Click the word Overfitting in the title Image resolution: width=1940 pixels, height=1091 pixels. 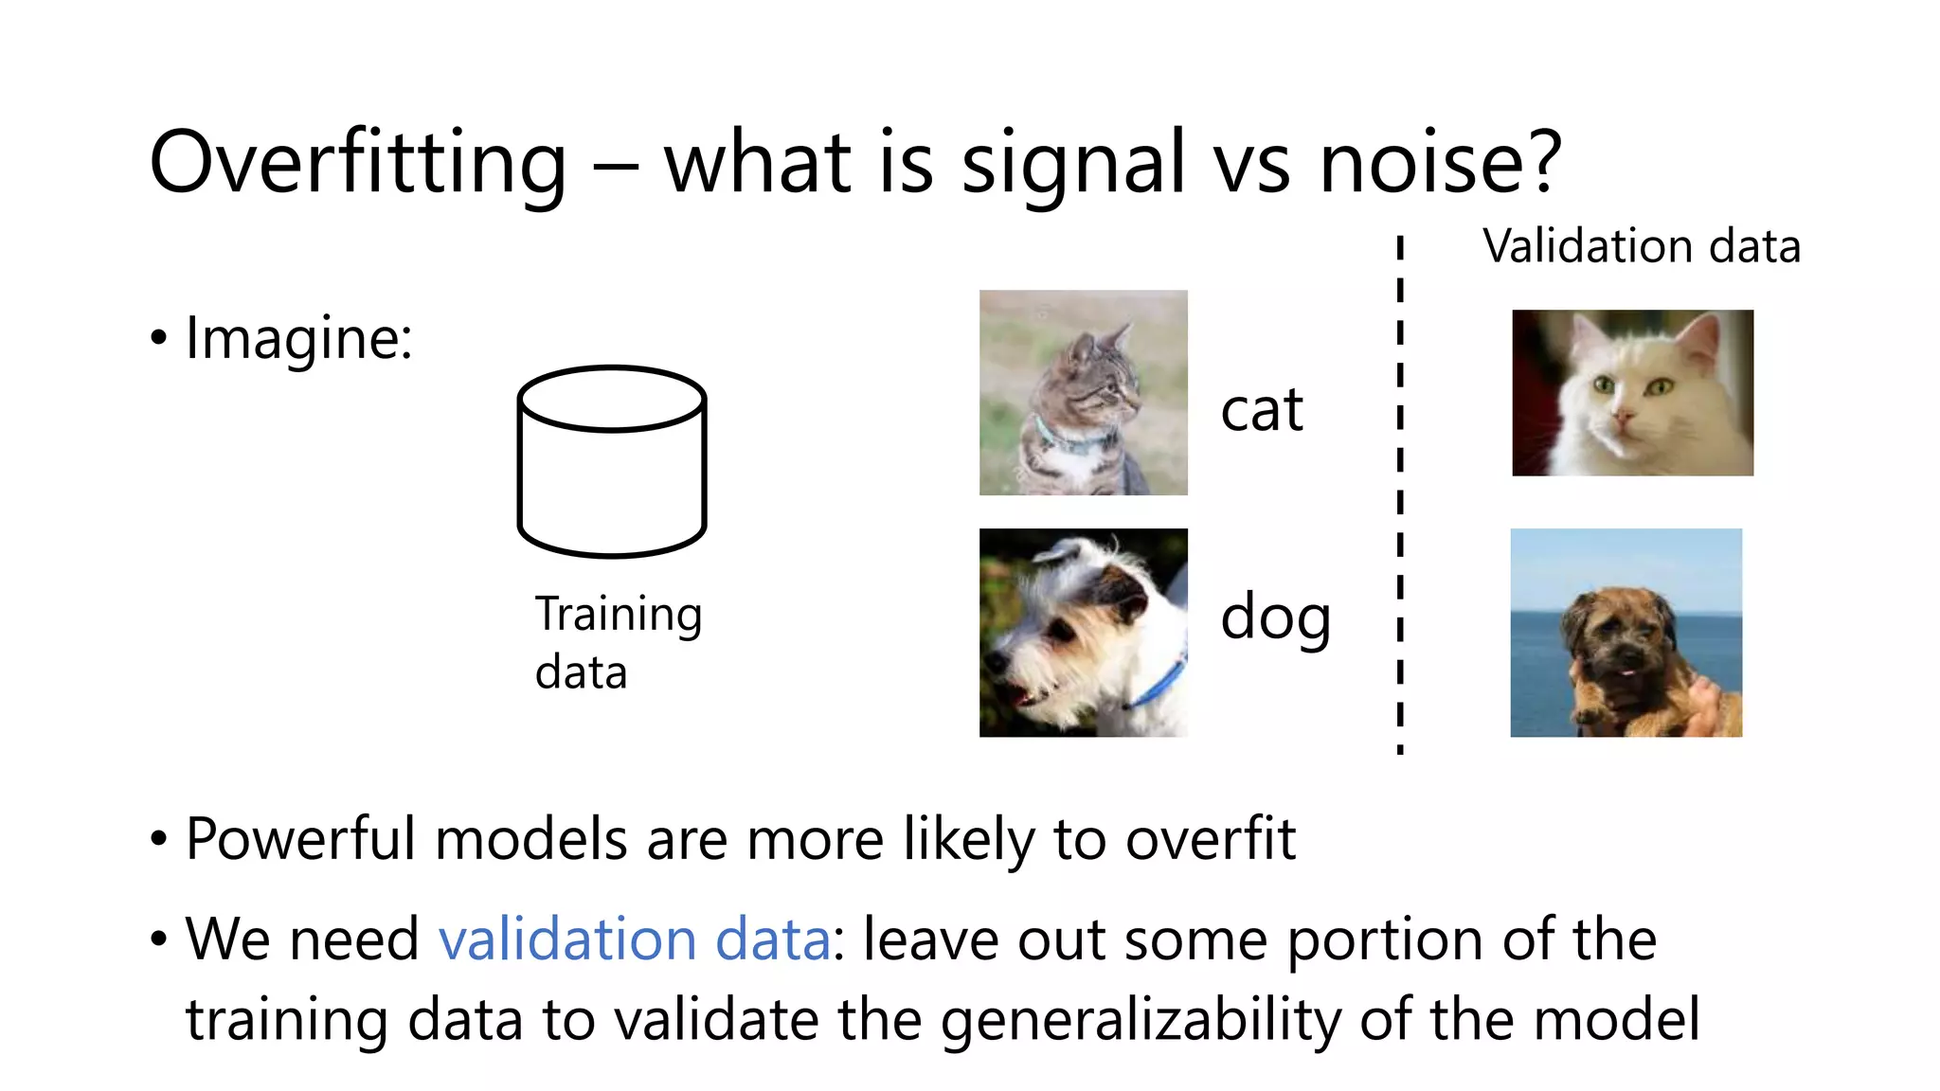click(x=358, y=163)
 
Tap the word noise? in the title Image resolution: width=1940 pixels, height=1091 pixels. click(x=1439, y=163)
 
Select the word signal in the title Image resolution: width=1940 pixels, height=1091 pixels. click(x=1072, y=163)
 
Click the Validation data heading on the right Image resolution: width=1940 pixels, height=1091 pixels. click(x=1641, y=246)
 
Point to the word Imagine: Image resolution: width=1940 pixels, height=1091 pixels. click(x=298, y=338)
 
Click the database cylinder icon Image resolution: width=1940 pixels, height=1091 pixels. click(x=612, y=461)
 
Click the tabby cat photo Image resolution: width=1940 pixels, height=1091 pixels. click(x=1083, y=392)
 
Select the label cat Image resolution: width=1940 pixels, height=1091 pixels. click(x=1261, y=411)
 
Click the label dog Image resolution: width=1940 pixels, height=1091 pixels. click(x=1275, y=617)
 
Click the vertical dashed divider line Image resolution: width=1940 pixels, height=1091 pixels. click(x=1400, y=492)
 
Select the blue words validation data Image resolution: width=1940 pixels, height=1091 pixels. click(x=634, y=939)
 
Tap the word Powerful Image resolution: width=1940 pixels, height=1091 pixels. click(x=300, y=839)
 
